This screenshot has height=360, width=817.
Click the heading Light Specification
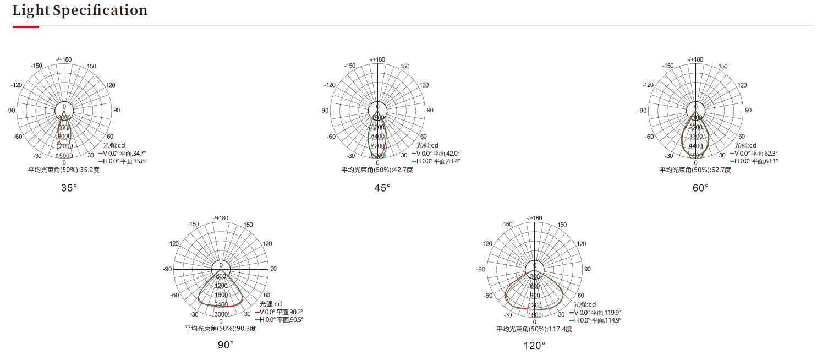coord(80,10)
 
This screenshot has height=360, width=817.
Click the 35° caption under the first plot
coord(69,188)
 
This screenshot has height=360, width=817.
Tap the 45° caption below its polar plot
coord(382,188)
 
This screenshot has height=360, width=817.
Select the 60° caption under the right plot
coord(701,188)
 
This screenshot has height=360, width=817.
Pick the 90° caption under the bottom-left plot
coord(226,345)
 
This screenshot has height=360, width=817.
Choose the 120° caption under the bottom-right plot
coord(535,345)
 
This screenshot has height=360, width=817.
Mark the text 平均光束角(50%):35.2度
coord(64,170)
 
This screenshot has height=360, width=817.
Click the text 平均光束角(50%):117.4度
coord(534,329)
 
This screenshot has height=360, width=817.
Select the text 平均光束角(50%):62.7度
coord(695,170)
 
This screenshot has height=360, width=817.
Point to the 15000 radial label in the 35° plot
coord(64,156)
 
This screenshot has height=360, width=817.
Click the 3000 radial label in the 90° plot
coord(221,314)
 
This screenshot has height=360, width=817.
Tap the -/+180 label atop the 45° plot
coord(377,59)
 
